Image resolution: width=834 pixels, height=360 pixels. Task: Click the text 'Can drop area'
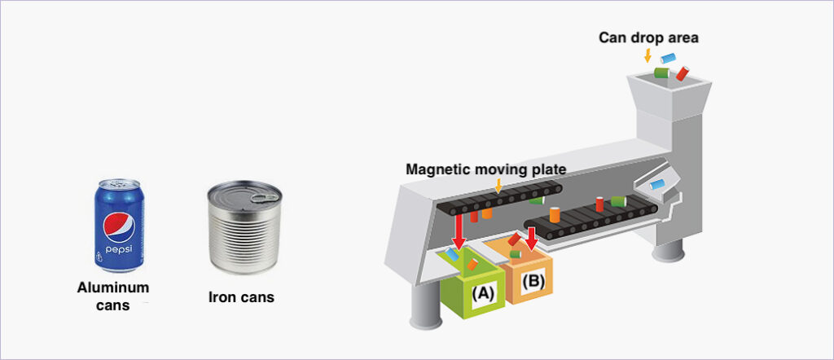point(648,37)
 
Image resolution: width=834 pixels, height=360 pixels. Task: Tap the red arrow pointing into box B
point(532,237)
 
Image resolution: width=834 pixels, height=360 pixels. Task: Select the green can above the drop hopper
point(661,73)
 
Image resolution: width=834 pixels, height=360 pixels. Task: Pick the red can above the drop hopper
point(683,74)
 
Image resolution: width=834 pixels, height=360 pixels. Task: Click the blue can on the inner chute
point(658,185)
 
